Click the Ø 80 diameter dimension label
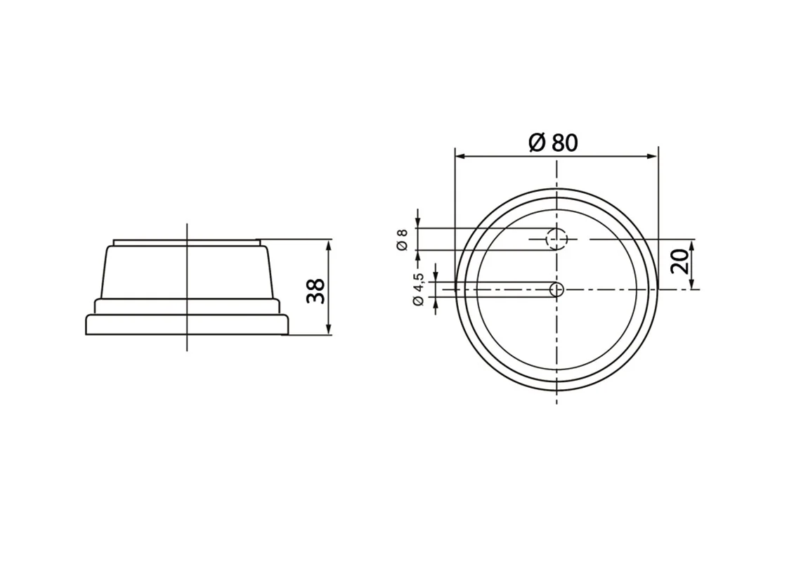point(553,143)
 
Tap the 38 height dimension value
point(316,290)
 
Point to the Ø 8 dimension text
point(402,239)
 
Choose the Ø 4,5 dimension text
point(419,289)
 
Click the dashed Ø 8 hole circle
point(557,240)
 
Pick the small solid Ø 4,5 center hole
point(557,289)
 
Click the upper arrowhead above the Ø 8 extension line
point(418,221)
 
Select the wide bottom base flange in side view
point(187,325)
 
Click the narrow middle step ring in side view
point(187,306)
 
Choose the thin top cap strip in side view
point(187,242)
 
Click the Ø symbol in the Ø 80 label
point(536,143)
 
